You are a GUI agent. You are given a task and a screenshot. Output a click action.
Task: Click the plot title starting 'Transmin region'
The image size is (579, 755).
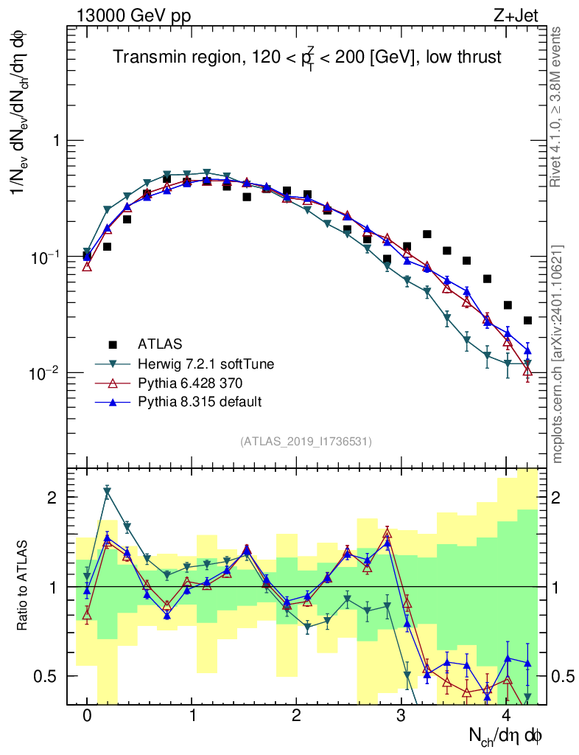307,58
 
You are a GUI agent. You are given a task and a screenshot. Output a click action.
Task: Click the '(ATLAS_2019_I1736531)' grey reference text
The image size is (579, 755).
306,442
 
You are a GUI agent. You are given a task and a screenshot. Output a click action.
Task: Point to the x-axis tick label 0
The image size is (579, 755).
87,716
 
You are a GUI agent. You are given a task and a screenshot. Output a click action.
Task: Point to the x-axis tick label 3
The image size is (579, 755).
401,716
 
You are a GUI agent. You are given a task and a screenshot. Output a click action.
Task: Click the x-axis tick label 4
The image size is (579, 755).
506,716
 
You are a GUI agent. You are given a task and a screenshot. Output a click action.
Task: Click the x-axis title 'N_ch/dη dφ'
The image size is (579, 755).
506,736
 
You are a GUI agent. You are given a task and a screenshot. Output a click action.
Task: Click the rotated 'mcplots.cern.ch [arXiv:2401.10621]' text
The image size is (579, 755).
558,354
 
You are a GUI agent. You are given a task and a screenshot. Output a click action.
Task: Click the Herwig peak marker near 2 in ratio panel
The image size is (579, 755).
108,492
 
